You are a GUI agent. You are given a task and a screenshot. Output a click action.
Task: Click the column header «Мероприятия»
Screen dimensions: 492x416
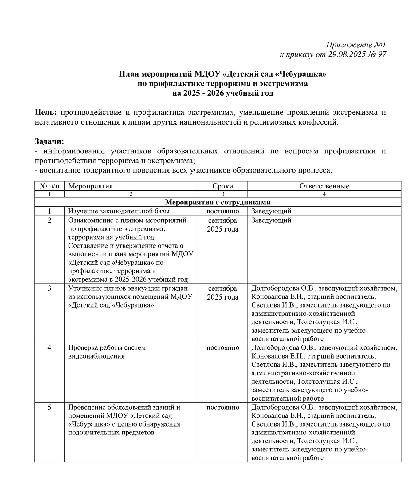(x=90, y=186)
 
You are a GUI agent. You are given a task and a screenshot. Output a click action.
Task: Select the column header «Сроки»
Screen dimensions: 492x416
(x=223, y=186)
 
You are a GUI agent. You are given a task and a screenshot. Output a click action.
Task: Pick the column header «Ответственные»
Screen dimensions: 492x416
(x=324, y=186)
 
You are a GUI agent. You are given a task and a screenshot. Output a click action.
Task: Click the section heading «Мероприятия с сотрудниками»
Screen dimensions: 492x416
(x=218, y=202)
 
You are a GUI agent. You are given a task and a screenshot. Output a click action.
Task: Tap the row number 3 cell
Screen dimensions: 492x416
(x=49, y=288)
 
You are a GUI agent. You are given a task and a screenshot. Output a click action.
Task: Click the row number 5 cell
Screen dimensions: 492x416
(x=49, y=407)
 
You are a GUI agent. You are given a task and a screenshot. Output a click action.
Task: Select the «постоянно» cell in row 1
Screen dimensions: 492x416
(x=223, y=211)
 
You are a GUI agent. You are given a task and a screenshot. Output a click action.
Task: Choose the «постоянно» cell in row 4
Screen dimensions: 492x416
(x=223, y=348)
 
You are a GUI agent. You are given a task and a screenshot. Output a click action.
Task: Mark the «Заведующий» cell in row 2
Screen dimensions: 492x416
(x=271, y=220)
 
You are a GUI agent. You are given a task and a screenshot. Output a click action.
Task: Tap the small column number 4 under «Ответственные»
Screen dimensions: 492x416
(x=324, y=194)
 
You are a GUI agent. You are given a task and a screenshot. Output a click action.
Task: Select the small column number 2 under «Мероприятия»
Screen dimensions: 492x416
(x=131, y=194)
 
